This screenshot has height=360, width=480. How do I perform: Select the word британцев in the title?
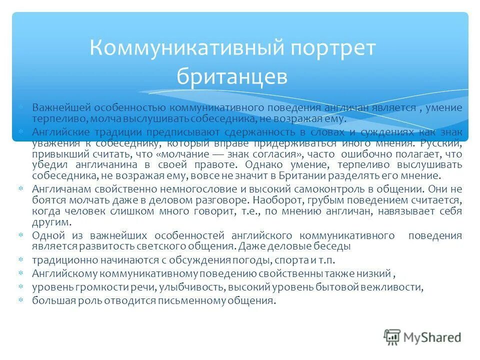[232, 76]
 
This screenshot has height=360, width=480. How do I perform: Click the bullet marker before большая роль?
[21, 300]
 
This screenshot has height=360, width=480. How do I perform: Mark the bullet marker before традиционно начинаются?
[21, 260]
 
